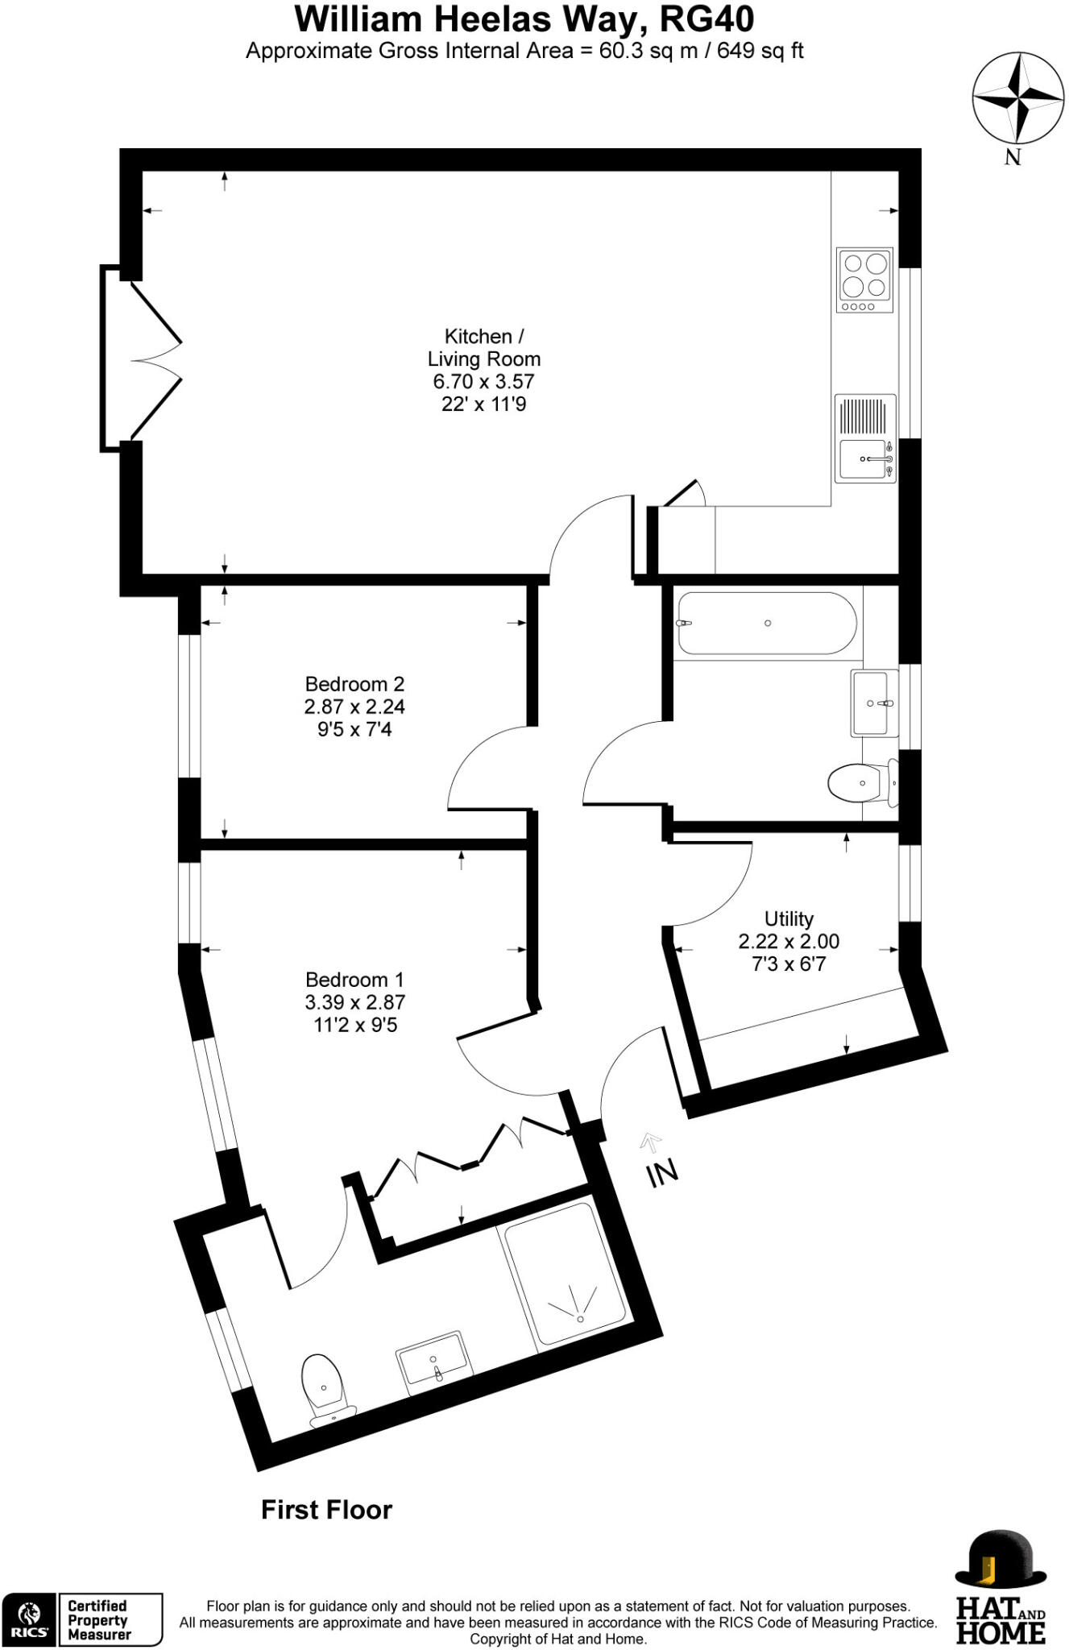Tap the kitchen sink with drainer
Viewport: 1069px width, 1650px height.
(x=865, y=438)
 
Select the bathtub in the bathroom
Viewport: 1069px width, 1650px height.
(x=766, y=623)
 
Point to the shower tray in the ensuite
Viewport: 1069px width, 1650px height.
(x=564, y=1274)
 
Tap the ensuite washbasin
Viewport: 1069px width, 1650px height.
(x=433, y=1362)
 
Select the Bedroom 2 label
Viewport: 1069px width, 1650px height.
(x=354, y=684)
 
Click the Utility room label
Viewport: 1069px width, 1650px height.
(x=789, y=918)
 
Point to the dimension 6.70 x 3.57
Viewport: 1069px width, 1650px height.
(x=483, y=381)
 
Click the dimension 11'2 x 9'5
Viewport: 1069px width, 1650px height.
(x=354, y=1025)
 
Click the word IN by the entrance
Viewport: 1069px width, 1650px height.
(x=663, y=1173)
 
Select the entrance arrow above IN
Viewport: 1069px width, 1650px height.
(x=650, y=1140)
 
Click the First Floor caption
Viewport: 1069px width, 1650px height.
(x=326, y=1509)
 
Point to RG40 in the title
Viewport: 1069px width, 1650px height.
(x=706, y=19)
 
